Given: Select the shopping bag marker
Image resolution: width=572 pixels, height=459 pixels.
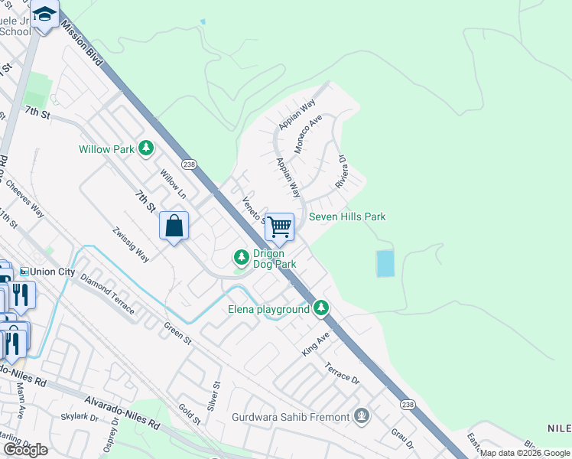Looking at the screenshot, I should (x=174, y=226).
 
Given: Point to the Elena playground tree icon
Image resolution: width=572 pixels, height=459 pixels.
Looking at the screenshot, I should (x=322, y=308).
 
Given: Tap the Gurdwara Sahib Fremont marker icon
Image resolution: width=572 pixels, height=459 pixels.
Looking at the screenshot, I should (x=362, y=417).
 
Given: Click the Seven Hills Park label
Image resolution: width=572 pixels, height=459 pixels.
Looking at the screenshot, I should (x=347, y=216).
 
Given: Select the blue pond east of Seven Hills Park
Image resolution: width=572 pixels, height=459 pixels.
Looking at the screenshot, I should (x=385, y=264).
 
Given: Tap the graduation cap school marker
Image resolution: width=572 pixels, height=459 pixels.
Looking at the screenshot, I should (x=44, y=15).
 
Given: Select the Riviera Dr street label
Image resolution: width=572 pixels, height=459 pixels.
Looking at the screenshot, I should (x=341, y=174).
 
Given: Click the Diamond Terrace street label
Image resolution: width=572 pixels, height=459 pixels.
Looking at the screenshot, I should (x=107, y=295).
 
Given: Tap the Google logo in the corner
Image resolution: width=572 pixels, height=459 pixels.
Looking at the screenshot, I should (x=25, y=450).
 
